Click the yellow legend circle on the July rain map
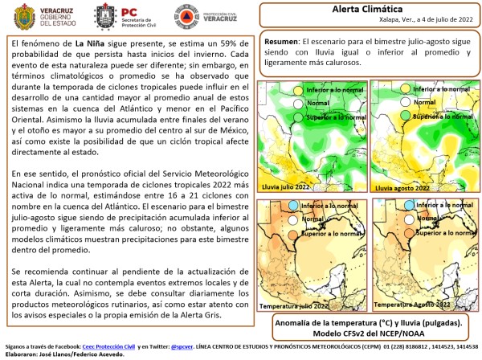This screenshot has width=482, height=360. [298, 91]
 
